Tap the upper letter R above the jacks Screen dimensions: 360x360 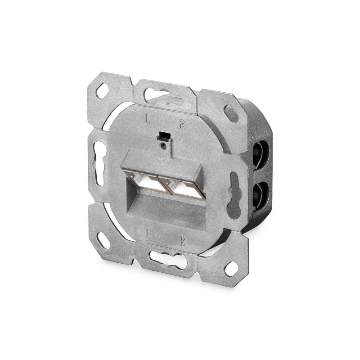(182, 125)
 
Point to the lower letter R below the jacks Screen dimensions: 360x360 (182, 241)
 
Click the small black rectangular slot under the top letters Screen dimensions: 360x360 (163, 135)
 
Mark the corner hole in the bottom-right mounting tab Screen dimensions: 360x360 (231, 268)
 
